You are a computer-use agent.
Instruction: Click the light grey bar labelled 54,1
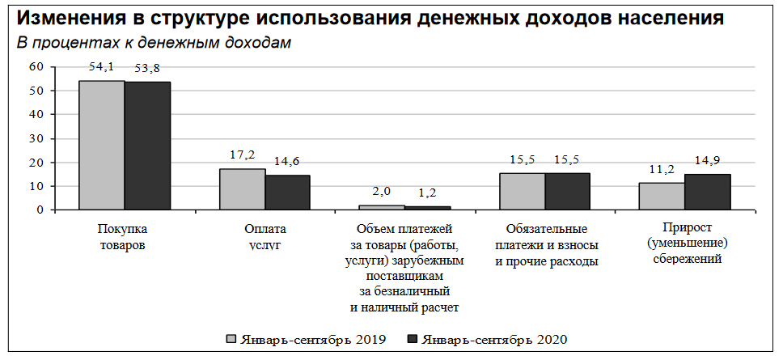pyautogui.click(x=101, y=146)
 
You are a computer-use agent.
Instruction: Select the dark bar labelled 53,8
pyautogui.click(x=147, y=146)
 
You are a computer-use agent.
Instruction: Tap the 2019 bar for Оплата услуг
pyautogui.click(x=242, y=189)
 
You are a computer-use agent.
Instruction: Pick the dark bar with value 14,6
pyautogui.click(x=288, y=193)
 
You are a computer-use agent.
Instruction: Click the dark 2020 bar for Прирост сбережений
pyautogui.click(x=707, y=192)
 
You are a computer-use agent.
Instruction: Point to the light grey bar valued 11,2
pyautogui.click(x=661, y=197)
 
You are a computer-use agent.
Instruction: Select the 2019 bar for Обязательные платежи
pyautogui.click(x=522, y=192)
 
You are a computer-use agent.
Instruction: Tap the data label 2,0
pyautogui.click(x=381, y=191)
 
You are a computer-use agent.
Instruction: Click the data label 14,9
pyautogui.click(x=707, y=159)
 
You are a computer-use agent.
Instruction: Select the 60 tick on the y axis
pyautogui.click(x=35, y=67)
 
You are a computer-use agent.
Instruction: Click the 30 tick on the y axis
pyautogui.click(x=35, y=138)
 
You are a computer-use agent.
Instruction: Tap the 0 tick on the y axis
pyautogui.click(x=38, y=210)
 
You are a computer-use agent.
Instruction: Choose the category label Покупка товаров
pyautogui.click(x=123, y=236)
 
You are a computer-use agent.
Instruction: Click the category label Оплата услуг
pyautogui.click(x=265, y=236)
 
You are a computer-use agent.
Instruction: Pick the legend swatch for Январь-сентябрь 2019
pyautogui.click(x=231, y=338)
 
